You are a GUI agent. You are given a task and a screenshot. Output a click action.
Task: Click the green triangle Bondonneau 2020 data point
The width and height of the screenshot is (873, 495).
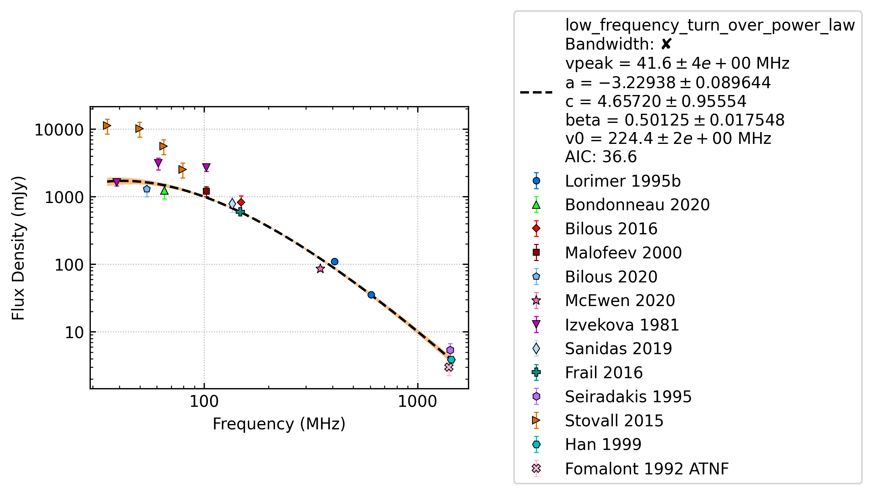coord(164,190)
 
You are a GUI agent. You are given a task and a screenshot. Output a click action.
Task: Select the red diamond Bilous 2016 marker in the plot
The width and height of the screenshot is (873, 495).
coord(241,202)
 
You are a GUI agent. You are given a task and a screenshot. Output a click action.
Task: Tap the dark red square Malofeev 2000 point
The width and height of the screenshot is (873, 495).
coord(206,191)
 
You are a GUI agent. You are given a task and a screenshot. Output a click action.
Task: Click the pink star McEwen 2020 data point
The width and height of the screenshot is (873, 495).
coord(320,269)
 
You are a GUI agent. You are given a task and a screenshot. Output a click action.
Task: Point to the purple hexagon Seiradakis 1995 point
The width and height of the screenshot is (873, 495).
coord(450,350)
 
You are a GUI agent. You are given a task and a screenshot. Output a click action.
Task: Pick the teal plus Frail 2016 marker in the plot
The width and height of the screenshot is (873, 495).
coord(240,212)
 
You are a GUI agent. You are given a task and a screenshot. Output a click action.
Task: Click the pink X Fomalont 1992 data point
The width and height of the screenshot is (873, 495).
coord(449,367)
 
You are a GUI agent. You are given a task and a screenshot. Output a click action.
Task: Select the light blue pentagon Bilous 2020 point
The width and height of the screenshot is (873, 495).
coord(147,189)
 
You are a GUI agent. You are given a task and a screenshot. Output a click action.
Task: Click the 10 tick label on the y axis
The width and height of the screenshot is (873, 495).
coord(74,333)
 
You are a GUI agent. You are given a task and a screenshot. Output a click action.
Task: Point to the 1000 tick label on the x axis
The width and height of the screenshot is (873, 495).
coord(417,401)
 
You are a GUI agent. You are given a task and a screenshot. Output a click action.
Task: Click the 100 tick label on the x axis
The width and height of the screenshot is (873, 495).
coord(204,401)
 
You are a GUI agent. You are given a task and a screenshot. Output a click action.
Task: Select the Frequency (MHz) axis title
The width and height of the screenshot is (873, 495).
coord(279,424)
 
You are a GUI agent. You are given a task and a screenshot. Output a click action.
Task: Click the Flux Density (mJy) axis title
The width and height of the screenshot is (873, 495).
coord(18,248)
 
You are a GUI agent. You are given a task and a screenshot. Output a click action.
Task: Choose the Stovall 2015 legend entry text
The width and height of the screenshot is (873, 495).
coord(614,421)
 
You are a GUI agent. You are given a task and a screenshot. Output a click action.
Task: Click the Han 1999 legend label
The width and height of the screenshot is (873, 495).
coord(603,445)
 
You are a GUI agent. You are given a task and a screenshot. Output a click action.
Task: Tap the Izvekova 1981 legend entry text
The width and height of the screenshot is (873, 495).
coord(622,325)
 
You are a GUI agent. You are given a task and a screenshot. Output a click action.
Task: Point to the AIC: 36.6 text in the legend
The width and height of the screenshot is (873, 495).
coord(601,157)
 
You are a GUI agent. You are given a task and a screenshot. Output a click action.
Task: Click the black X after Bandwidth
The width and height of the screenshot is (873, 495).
coord(666,44)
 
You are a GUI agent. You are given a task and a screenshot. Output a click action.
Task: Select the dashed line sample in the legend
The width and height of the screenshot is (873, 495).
coord(536,92)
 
